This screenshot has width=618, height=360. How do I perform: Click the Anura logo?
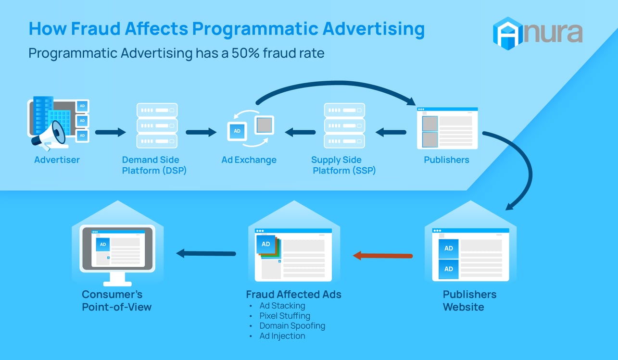(537, 33)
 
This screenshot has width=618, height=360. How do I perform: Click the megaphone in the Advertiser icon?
(49, 136)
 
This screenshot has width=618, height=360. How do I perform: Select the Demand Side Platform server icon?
(157, 125)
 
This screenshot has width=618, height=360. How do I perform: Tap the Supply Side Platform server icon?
(344, 125)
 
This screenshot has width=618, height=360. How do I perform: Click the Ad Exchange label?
(249, 160)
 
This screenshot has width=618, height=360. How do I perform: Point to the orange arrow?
(383, 256)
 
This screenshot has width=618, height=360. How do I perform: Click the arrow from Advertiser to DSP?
(110, 132)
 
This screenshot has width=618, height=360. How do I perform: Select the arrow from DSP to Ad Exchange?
(201, 132)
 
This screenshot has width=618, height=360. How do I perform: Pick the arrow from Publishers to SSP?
(391, 132)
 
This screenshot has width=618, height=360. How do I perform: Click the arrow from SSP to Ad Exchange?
(300, 132)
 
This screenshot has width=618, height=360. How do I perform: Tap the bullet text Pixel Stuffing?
(285, 316)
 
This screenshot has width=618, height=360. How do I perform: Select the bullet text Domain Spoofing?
(292, 326)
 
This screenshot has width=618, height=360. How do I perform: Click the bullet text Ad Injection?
(282, 336)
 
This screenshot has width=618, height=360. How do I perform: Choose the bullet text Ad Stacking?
(282, 306)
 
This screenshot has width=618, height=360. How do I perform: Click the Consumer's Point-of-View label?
(116, 300)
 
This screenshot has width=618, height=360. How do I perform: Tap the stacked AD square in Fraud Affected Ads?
(265, 244)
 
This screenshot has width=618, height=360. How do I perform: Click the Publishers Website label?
(469, 300)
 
